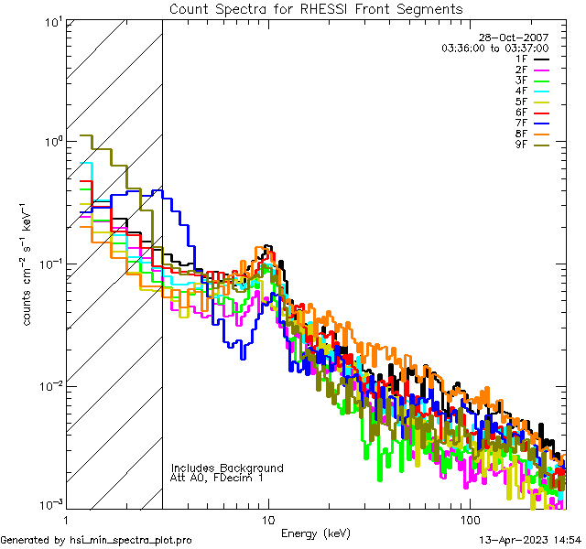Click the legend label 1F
click(521, 59)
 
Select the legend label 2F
click(521, 70)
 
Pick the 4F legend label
click(521, 91)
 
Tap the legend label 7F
click(521, 123)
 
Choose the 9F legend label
click(521, 145)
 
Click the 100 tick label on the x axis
click(469, 519)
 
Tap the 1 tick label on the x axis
click(67, 519)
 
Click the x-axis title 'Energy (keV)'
click(316, 532)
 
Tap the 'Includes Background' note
click(227, 468)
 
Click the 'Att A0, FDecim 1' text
click(217, 478)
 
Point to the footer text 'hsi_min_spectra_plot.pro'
click(131, 540)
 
